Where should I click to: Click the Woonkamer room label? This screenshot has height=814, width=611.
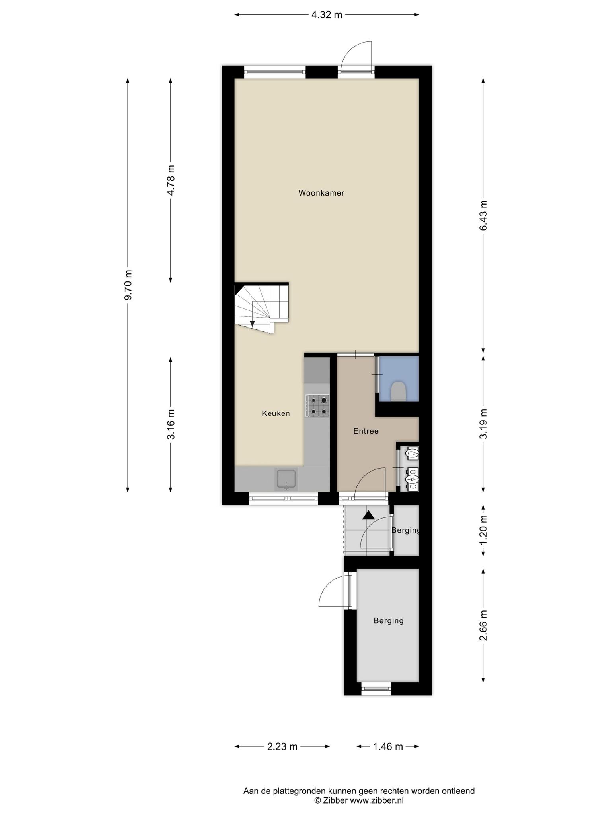(x=321, y=193)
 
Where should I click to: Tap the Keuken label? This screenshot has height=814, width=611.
(x=276, y=413)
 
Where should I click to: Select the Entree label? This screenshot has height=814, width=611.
(x=366, y=431)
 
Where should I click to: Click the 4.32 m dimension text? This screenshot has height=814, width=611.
(x=327, y=15)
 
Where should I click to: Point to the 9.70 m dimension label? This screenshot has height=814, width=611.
(x=128, y=285)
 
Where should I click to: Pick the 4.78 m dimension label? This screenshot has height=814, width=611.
(x=171, y=180)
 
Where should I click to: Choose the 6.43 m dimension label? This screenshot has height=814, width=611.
(x=483, y=215)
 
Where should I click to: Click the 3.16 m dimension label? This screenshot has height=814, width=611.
(x=171, y=424)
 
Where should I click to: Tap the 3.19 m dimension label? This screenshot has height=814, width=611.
(x=483, y=424)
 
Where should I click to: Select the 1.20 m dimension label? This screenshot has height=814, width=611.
(x=483, y=530)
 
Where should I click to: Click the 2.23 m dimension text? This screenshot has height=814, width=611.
(x=282, y=747)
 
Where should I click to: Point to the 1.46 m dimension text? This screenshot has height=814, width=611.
(x=388, y=747)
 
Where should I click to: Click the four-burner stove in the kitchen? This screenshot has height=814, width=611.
(x=317, y=405)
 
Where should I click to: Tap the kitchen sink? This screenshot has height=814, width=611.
(x=286, y=479)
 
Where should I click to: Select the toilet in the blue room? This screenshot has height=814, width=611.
(x=398, y=391)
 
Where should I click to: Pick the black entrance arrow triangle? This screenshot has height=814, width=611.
(x=369, y=515)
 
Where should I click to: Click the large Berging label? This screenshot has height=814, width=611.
(x=389, y=620)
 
